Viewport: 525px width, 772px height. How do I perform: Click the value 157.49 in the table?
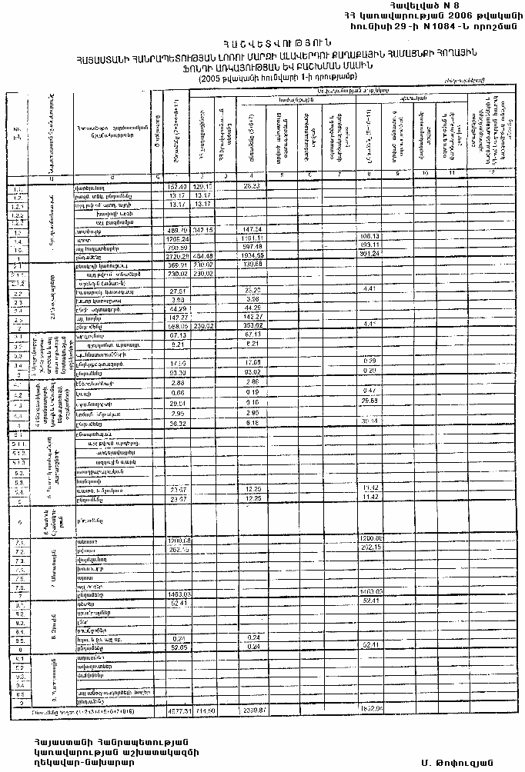click(177, 187)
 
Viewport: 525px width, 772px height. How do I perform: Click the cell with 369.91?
click(177, 265)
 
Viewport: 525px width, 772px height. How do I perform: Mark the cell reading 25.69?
click(371, 401)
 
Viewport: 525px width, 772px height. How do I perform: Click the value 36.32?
click(177, 423)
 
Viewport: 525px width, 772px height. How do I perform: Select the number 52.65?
click(177, 647)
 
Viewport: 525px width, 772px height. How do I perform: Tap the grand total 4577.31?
click(177, 710)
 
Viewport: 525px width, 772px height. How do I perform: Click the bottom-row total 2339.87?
click(253, 710)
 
